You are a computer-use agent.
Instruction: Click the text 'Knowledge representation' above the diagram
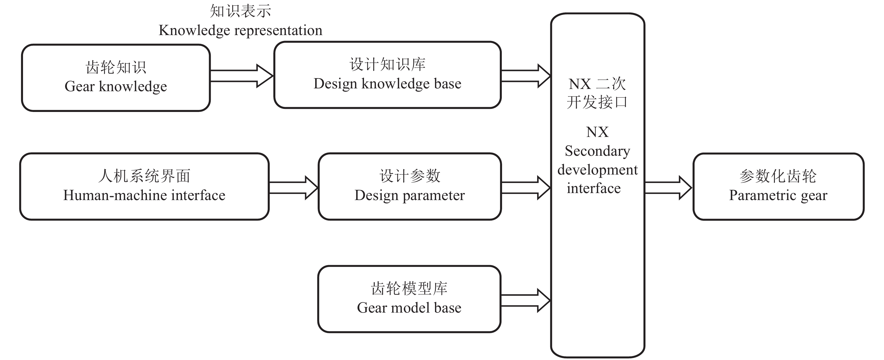pyautogui.click(x=241, y=31)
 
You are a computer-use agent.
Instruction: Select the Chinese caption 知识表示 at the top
pyautogui.click(x=241, y=11)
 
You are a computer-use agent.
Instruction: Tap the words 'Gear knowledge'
pyautogui.click(x=116, y=86)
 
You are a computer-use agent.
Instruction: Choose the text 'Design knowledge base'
pyautogui.click(x=388, y=84)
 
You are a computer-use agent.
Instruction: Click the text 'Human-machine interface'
pyautogui.click(x=144, y=196)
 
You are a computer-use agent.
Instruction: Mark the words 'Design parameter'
pyautogui.click(x=409, y=196)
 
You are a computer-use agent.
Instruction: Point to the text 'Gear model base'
pyautogui.click(x=409, y=308)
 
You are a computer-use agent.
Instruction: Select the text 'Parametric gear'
pyautogui.click(x=778, y=196)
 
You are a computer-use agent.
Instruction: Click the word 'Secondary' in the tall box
pyautogui.click(x=597, y=151)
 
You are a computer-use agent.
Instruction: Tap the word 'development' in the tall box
pyautogui.click(x=597, y=170)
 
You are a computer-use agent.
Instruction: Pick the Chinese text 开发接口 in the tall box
pyautogui.click(x=597, y=102)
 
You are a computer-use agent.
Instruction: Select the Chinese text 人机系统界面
pyautogui.click(x=144, y=176)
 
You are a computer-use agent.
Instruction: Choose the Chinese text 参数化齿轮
pyautogui.click(x=778, y=176)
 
